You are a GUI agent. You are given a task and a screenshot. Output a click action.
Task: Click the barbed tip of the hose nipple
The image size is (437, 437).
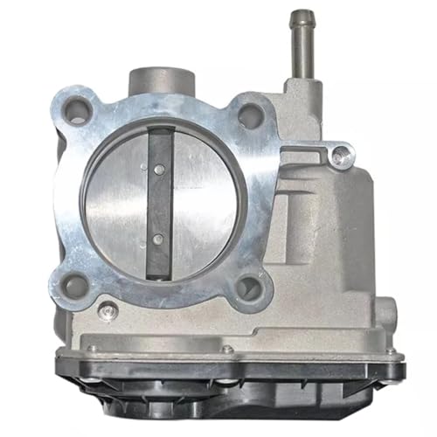303,18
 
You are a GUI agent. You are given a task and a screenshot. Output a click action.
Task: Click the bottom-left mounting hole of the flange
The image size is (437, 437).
74,285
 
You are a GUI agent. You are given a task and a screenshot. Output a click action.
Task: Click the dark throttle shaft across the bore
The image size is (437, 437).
159,201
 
